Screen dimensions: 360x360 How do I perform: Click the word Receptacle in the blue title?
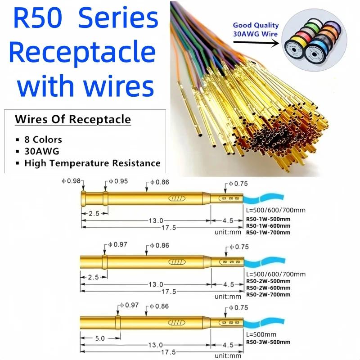[82, 53]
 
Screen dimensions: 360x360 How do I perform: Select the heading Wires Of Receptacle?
[73, 120]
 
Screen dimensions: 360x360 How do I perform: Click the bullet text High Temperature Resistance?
[92, 163]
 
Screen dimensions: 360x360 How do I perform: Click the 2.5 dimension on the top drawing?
[93, 213]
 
